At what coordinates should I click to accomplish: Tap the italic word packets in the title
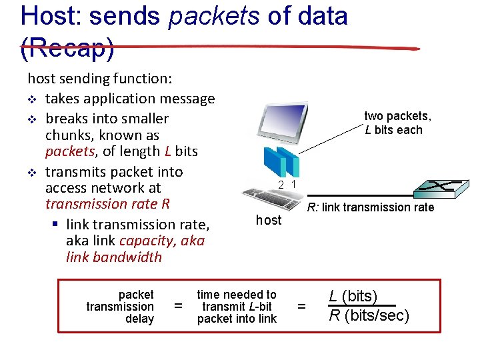213,15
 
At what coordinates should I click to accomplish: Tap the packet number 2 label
282,185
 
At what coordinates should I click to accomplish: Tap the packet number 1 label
293,184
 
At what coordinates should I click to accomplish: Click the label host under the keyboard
269,220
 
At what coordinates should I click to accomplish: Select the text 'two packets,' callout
397,116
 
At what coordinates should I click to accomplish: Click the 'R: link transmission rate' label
370,207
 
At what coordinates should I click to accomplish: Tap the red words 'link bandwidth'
114,257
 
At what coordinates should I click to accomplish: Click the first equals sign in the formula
177,307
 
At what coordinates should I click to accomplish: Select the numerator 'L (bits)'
353,296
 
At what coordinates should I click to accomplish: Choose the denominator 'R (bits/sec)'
369,315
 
